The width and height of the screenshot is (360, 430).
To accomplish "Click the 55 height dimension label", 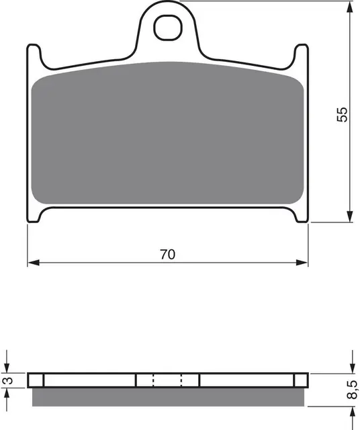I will [343, 114].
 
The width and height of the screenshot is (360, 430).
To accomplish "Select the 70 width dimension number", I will [168, 254].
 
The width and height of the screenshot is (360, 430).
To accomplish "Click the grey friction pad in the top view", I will [168, 134].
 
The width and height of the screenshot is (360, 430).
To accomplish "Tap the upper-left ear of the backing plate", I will [32, 54].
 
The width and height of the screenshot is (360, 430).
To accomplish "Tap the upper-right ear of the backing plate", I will [302, 54].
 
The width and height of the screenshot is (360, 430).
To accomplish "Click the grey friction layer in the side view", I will [168, 396].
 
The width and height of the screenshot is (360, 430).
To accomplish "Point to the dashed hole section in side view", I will [168, 380].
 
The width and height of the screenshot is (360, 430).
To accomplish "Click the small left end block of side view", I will [36, 380].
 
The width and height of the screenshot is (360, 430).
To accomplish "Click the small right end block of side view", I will [300, 380].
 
